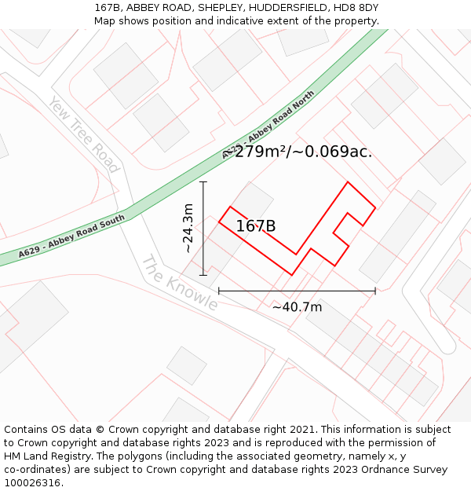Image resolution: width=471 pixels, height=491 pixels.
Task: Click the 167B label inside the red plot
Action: tap(256, 226)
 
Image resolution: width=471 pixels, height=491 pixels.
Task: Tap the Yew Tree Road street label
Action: tap(82, 134)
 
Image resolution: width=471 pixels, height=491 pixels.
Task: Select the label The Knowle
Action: tap(179, 283)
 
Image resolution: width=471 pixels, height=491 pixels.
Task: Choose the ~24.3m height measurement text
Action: tap(188, 228)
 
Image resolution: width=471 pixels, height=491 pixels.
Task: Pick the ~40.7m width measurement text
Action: tap(297, 307)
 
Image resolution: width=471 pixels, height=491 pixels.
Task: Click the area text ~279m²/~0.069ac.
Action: tap(297, 152)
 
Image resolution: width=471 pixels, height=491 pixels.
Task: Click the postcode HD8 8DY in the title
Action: tap(359, 8)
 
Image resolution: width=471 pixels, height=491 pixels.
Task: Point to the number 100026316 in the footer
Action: tap(33, 482)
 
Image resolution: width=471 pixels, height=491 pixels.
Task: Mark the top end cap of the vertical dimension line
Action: tap(203, 182)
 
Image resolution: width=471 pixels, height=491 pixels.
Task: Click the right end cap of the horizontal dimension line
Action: tap(375, 291)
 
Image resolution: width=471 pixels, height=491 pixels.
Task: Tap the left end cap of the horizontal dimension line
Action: tap(219, 291)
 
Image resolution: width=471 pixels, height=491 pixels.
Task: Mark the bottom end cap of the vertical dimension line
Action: tap(203, 275)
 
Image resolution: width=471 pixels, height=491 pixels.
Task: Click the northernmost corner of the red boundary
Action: tap(347, 182)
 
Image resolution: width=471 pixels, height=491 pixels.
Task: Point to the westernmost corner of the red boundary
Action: tap(219, 222)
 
